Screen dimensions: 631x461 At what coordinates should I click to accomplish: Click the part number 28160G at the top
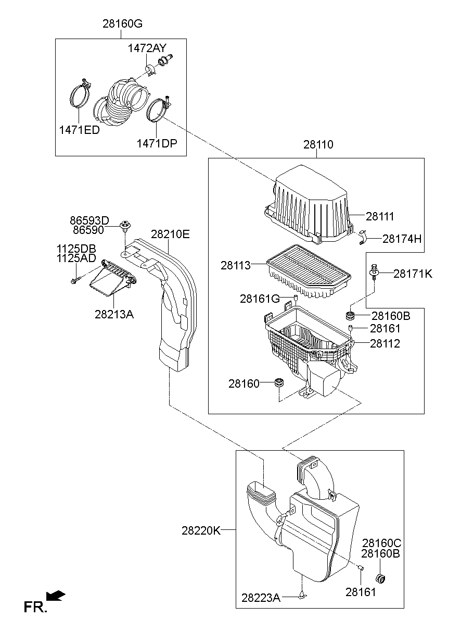click(x=122, y=24)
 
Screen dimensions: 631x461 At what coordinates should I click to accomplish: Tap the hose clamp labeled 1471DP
click(x=157, y=111)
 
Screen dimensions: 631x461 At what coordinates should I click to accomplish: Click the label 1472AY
click(x=147, y=48)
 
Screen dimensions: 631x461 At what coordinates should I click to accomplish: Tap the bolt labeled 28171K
click(x=374, y=272)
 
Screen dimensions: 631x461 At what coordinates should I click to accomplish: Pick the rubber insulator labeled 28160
click(x=280, y=384)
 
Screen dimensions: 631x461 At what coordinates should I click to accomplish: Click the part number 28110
click(x=318, y=144)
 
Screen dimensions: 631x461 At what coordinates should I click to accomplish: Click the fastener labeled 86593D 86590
click(x=125, y=226)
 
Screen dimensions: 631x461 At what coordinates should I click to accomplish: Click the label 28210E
click(x=170, y=234)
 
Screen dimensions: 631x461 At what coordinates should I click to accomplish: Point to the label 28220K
click(x=201, y=530)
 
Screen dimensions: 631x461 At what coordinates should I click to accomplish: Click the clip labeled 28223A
click(x=302, y=595)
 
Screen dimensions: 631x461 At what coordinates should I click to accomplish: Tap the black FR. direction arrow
click(x=56, y=596)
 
